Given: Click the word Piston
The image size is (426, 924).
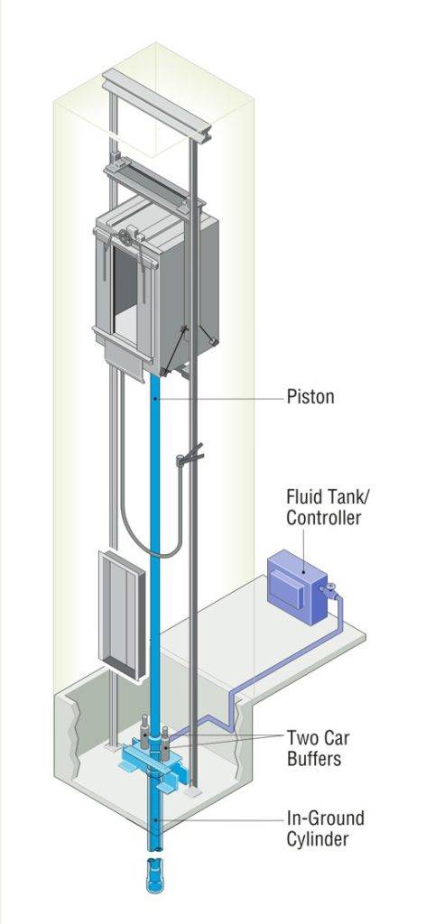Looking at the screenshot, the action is coord(310,397).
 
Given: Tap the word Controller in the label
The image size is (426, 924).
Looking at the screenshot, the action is coord(323,519).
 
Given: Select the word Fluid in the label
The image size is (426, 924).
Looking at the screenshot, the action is coord(304,496).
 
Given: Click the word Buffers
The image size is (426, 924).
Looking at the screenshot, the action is coord(314,759).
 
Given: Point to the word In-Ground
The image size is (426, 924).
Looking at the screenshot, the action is coord(325,819).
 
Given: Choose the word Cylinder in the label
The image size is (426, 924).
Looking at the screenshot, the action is coord(318,839).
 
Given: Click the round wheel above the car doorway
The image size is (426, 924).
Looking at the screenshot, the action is coord(125,238).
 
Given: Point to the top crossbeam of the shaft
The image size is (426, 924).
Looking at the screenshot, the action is coord(157,106).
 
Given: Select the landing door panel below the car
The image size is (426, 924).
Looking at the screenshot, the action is coord(122,615).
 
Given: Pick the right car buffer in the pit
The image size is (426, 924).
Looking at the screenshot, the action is coord(165,744).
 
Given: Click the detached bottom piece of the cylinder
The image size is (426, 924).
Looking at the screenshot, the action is coord(154,877).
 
